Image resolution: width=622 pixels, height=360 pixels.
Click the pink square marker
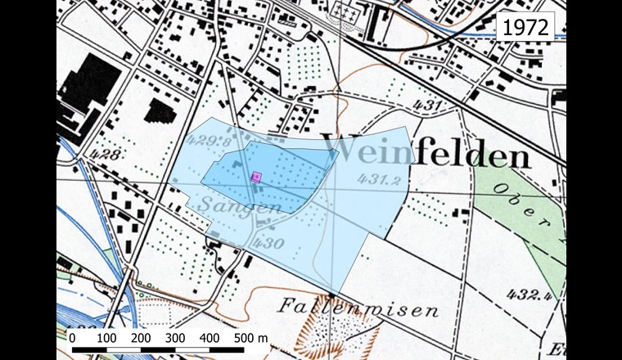point(256,175)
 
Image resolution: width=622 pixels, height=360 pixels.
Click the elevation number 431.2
point(378,180)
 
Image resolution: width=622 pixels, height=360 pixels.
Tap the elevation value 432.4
point(528,294)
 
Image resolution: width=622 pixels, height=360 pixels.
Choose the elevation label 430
point(268,243)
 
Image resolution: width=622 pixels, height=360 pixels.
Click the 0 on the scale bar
point(72,338)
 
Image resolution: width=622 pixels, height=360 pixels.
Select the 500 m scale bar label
point(250,338)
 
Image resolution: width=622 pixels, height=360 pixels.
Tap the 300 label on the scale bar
point(175,338)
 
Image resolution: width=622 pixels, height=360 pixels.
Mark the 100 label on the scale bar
point(106,338)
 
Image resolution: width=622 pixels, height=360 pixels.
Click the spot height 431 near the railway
point(429,106)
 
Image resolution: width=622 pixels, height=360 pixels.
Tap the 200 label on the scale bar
point(140,338)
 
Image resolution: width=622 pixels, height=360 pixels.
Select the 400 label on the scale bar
point(210,338)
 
